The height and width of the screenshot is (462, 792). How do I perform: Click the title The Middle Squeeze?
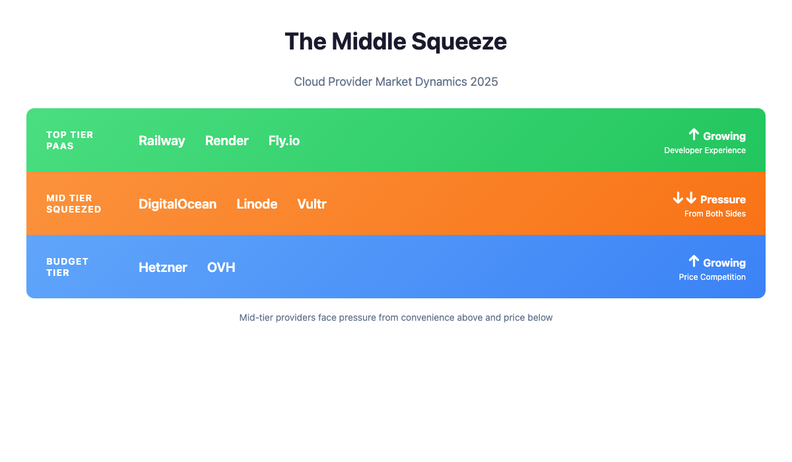[x=396, y=42]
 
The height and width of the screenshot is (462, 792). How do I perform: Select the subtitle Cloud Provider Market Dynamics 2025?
[x=396, y=82]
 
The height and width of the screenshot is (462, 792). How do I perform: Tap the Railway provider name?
[x=162, y=141]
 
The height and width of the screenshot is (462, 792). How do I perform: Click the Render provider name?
[x=226, y=141]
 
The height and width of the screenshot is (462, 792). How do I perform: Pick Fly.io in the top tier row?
[x=284, y=141]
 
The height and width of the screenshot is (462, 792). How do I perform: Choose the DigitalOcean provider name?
[x=178, y=204]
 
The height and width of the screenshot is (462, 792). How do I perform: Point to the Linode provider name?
[x=257, y=204]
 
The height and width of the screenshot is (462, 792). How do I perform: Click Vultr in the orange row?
[x=312, y=204]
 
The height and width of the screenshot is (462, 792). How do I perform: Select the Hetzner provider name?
[x=163, y=267]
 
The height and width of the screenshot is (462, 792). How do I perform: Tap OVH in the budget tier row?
[x=221, y=267]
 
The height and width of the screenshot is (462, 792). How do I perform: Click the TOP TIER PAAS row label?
[x=70, y=140]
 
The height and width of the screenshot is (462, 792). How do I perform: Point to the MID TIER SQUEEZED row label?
[x=74, y=203]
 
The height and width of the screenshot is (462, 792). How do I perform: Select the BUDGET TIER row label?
[x=67, y=267]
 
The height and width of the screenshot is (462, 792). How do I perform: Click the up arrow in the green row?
[x=694, y=135]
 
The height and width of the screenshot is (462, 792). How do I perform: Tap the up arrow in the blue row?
[x=694, y=261]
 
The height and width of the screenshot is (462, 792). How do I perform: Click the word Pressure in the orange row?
[x=723, y=199]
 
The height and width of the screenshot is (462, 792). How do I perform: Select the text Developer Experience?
[x=705, y=150]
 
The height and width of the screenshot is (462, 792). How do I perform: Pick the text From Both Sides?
[x=715, y=214]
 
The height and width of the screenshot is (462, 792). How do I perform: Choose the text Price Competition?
[x=712, y=277]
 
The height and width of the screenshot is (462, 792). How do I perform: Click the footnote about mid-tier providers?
[x=396, y=317]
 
